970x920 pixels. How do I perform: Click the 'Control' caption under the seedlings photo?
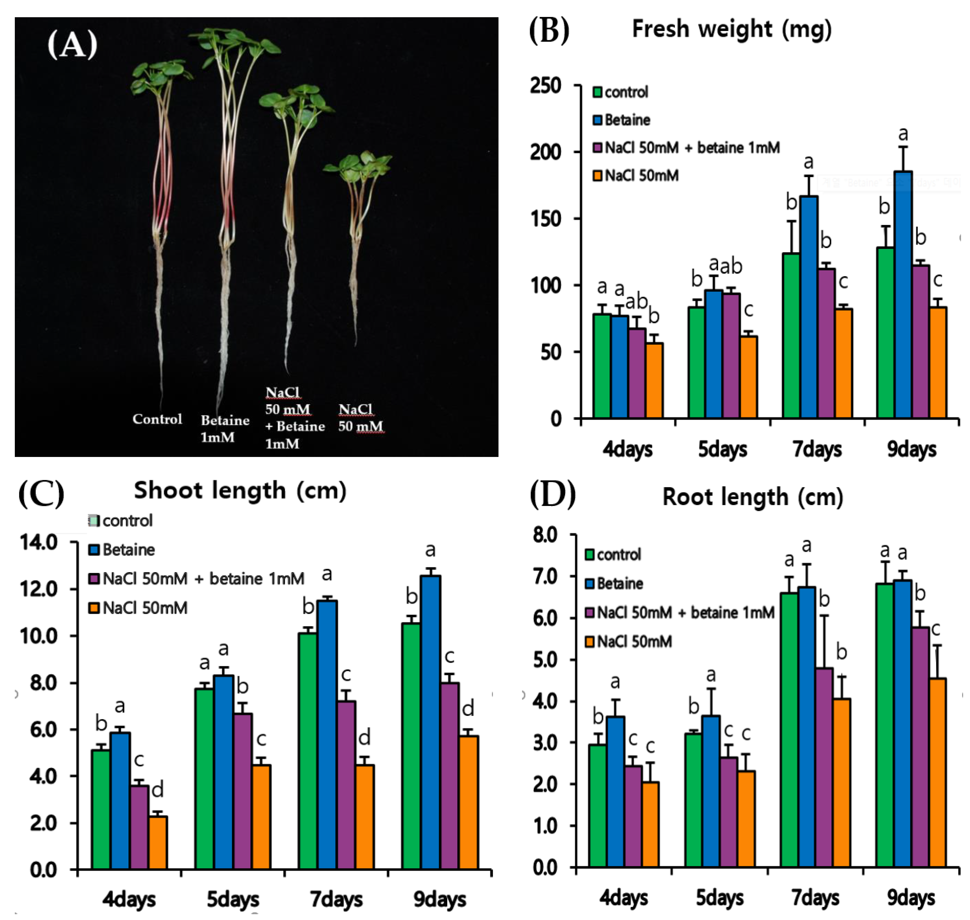[x=157, y=419]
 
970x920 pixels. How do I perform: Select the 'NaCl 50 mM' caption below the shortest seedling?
[x=360, y=418]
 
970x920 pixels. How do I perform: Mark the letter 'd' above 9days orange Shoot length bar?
[x=468, y=709]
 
